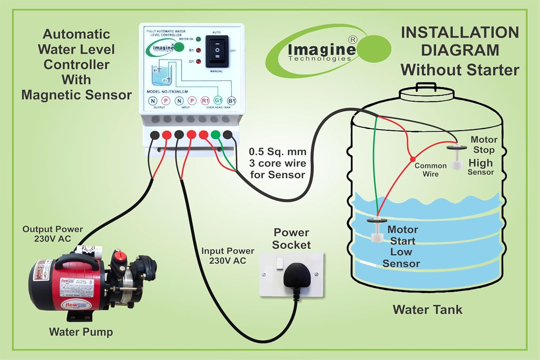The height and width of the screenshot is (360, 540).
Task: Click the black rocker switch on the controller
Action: [217, 51]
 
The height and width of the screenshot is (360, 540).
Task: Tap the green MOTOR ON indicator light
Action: [198, 39]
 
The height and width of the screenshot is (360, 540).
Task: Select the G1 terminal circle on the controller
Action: [218, 100]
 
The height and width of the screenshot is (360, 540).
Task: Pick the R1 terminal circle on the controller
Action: [205, 101]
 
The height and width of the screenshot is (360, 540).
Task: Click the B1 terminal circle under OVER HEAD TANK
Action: [231, 101]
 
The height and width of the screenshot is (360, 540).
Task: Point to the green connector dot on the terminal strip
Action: [215, 135]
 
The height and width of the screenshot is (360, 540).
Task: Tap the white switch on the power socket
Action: [280, 263]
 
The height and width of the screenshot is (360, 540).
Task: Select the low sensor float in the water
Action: [377, 230]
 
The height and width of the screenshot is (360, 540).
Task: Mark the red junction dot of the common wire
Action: [413, 159]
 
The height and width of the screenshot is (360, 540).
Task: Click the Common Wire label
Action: [431, 170]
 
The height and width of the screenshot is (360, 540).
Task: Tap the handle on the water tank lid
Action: [426, 86]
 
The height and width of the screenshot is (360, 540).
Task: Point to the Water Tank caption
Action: [427, 310]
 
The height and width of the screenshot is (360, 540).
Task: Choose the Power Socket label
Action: [291, 239]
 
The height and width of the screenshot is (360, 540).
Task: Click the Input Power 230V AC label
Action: [228, 256]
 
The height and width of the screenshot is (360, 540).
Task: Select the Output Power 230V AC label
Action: [53, 234]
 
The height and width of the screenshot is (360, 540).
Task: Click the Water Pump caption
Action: [81, 332]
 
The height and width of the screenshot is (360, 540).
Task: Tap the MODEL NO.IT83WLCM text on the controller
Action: [167, 92]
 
